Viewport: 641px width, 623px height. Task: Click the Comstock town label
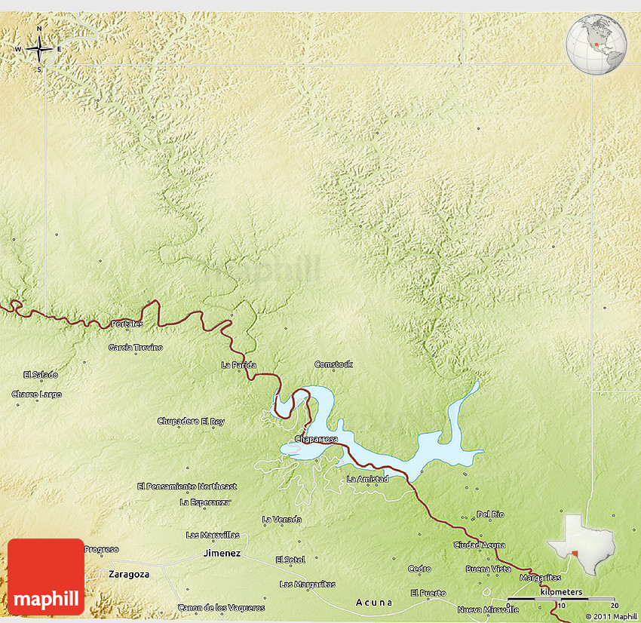tap(333, 364)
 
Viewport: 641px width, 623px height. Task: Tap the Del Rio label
tap(490, 514)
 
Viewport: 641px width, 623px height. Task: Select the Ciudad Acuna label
tap(480, 545)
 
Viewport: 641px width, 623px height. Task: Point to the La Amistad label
tap(368, 479)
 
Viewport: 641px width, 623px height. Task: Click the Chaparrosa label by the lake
tap(316, 438)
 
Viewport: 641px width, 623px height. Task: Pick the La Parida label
tap(238, 365)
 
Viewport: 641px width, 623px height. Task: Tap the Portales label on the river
tap(127, 324)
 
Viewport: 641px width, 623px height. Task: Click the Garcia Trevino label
tap(136, 348)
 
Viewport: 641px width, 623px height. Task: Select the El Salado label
tap(41, 375)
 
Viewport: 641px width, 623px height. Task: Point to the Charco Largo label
tap(37, 394)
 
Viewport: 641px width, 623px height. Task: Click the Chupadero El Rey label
tap(191, 421)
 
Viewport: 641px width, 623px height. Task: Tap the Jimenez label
tap(222, 553)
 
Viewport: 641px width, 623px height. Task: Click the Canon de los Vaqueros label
tap(222, 607)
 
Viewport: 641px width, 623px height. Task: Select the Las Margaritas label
tap(308, 585)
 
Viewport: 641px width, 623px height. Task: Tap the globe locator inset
tap(597, 44)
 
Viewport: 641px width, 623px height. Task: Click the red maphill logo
tap(46, 576)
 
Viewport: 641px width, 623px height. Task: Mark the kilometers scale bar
tap(561, 599)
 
